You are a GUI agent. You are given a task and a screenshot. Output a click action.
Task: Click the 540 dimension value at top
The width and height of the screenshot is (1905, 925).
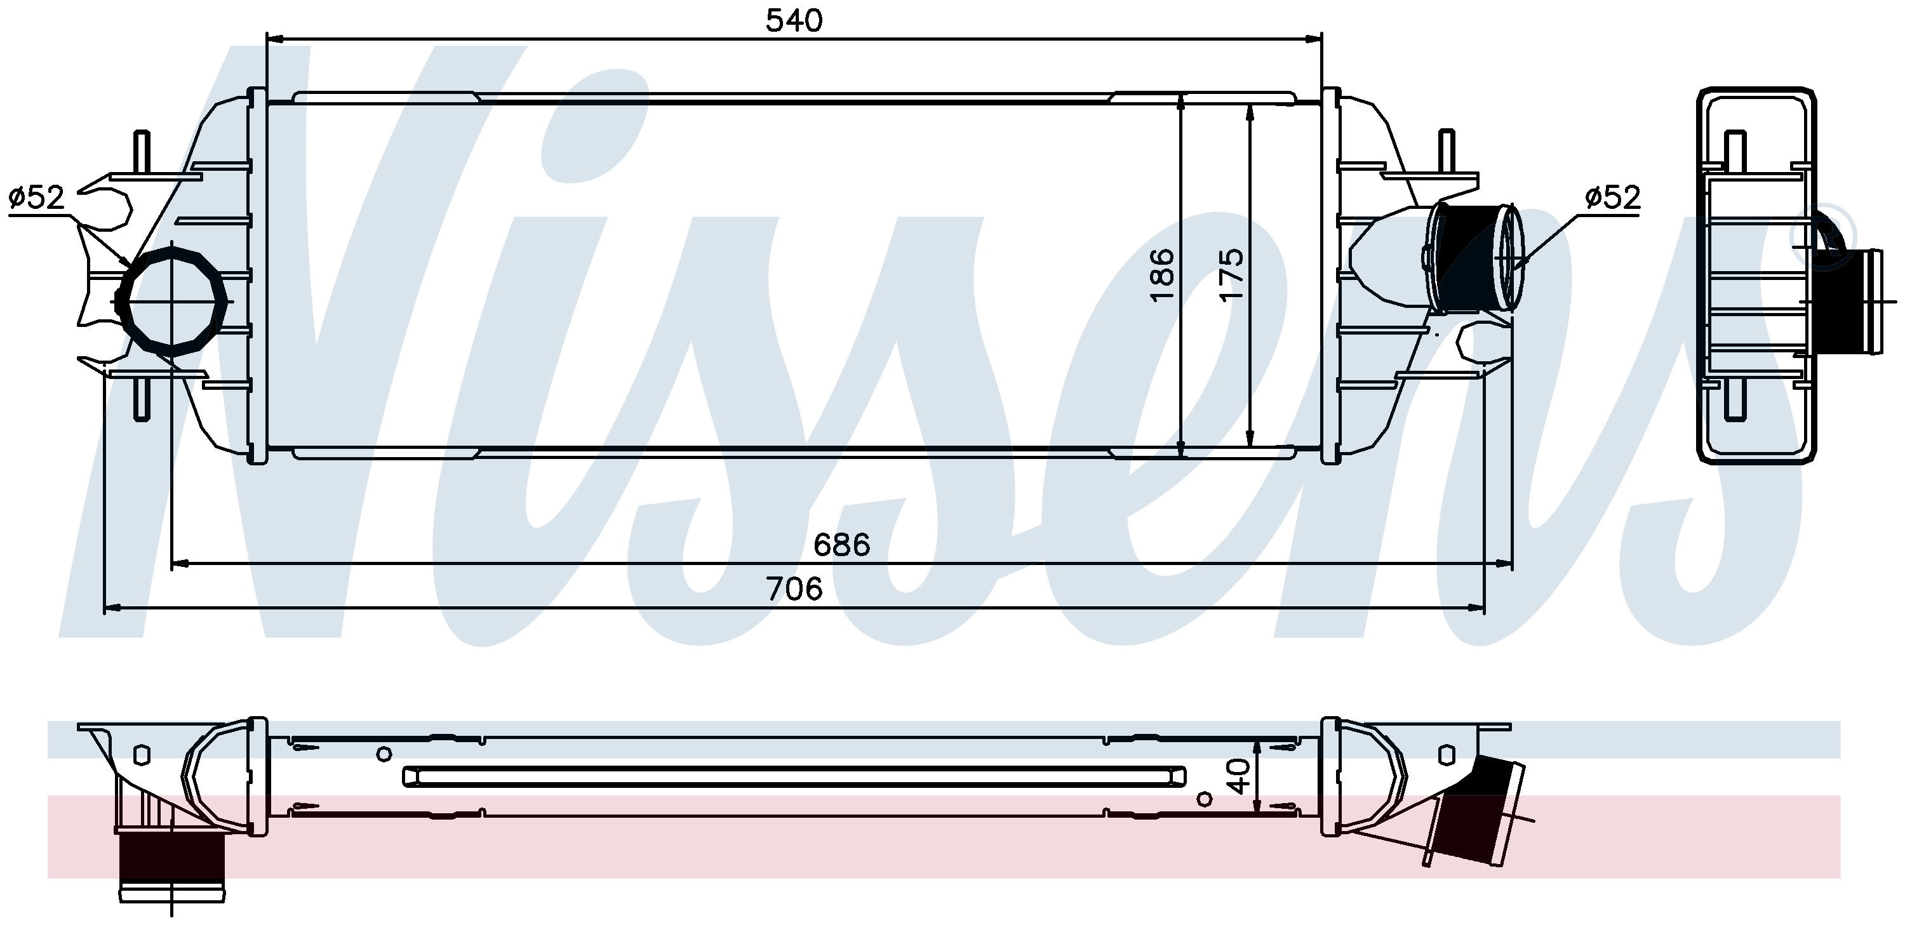click(794, 21)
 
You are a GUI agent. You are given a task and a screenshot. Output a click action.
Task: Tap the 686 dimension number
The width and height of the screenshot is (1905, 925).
click(841, 545)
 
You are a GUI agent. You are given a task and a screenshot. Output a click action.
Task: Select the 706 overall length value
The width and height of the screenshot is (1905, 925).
click(794, 589)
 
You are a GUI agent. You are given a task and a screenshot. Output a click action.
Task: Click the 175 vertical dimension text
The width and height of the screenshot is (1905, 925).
click(1231, 274)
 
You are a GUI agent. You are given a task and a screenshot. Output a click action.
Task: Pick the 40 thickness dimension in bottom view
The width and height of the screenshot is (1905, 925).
click(1240, 776)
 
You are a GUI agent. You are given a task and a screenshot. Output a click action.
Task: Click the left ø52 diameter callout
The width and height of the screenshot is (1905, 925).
click(37, 197)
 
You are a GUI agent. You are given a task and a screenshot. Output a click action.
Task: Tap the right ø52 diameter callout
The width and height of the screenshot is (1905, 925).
click(1613, 197)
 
